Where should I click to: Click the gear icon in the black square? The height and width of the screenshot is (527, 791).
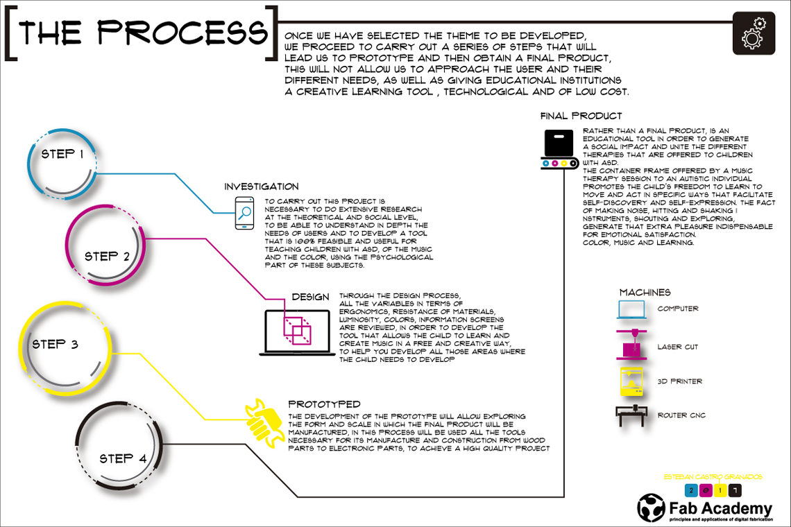click(754, 33)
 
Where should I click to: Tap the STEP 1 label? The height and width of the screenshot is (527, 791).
click(62, 153)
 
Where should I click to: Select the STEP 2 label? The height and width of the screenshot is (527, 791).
click(107, 256)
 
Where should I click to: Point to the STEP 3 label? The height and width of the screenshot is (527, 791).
click(55, 344)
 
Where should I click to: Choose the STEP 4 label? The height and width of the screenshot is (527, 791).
click(123, 458)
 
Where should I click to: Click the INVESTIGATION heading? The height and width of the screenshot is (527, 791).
click(262, 187)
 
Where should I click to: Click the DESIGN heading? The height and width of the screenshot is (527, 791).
click(310, 297)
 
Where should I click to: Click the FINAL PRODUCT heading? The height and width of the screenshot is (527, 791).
click(581, 116)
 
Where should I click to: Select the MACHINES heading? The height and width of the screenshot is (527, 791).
click(645, 293)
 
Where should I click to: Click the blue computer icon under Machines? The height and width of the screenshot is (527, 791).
click(631, 309)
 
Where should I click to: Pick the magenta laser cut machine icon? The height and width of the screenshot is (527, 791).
click(631, 345)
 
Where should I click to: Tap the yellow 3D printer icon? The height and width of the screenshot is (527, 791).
click(631, 381)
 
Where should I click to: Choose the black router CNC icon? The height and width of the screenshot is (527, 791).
click(631, 415)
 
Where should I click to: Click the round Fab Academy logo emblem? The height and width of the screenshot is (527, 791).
click(652, 508)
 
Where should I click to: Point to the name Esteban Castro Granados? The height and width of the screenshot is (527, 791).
click(713, 477)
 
